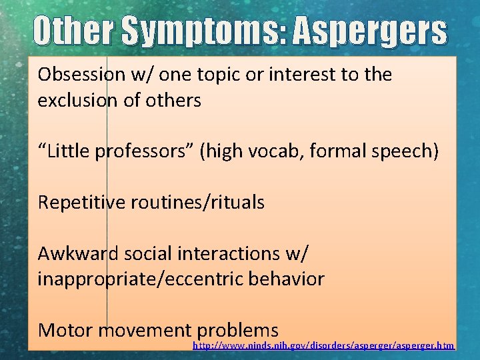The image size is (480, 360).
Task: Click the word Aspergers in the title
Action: click(x=369, y=32)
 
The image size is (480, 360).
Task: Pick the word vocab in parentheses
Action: click(x=269, y=151)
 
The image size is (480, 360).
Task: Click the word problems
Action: click(x=238, y=330)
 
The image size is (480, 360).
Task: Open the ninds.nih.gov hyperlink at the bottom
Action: click(x=323, y=346)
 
